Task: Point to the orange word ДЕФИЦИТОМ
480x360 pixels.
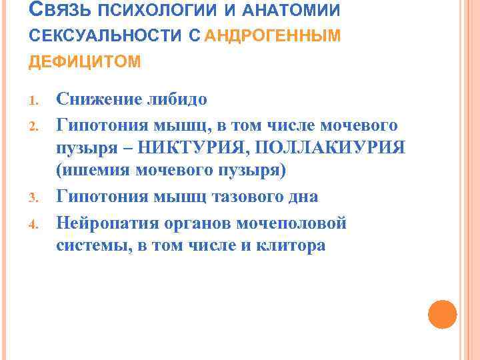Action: (x=84, y=62)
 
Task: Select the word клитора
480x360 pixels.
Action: (x=286, y=245)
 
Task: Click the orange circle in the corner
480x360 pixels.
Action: (x=442, y=314)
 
